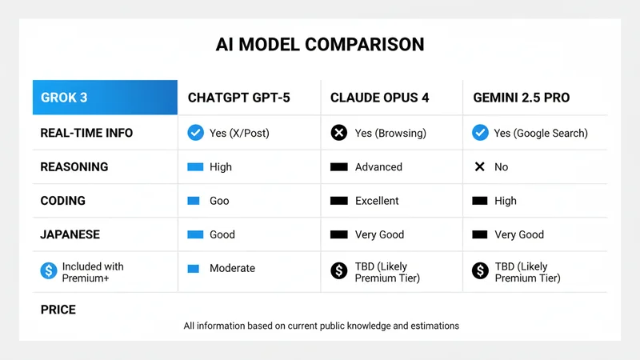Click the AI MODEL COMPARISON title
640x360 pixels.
[x=320, y=44]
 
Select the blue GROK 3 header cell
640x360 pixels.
[x=105, y=98]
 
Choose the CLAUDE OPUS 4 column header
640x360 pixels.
[x=380, y=98]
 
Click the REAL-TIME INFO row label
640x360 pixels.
[x=86, y=133]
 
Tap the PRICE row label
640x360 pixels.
[x=58, y=309]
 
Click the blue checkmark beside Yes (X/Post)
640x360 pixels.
[x=195, y=133]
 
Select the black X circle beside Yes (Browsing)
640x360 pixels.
[x=339, y=133]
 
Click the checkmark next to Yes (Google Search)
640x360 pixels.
[x=480, y=133]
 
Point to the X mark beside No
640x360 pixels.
[x=480, y=167]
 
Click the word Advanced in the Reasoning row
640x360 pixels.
[x=378, y=167]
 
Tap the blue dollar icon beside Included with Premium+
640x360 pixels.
[x=49, y=271]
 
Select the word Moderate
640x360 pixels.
[x=232, y=268]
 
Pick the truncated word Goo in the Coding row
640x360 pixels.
[x=220, y=201]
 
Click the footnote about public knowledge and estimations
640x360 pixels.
[x=321, y=326]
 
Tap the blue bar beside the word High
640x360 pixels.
[x=195, y=167]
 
